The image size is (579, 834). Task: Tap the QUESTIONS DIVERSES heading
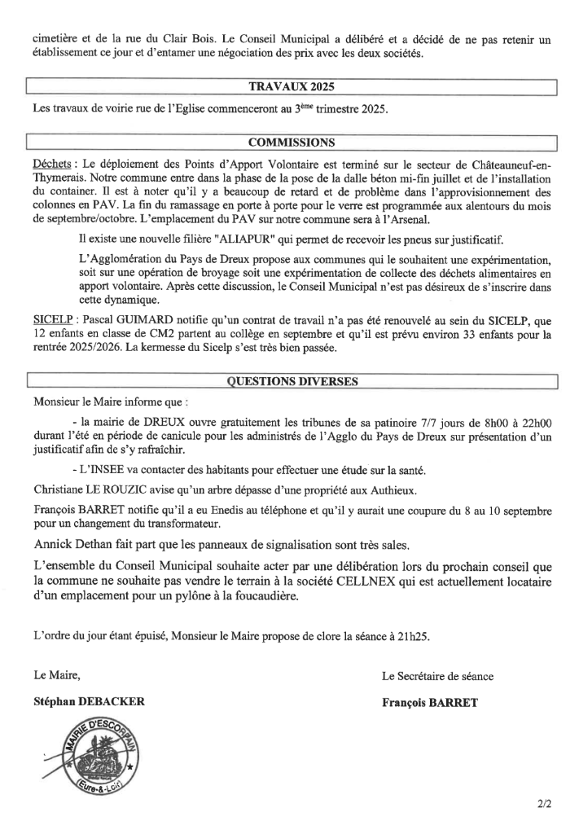[x=292, y=381]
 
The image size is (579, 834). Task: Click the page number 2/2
[x=544, y=805]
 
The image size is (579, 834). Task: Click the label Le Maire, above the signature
[x=57, y=675]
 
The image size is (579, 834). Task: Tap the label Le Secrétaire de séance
[x=437, y=675]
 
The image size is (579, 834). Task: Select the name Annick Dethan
[x=74, y=544]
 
